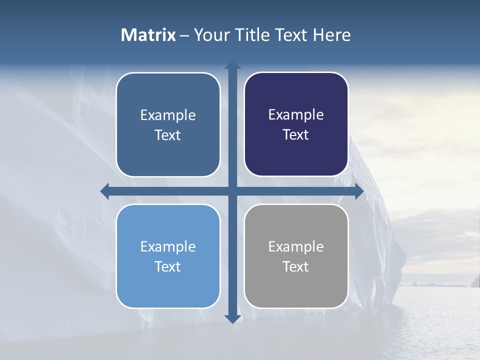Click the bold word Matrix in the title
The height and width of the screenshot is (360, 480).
[148, 35]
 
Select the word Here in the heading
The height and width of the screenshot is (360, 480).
[331, 35]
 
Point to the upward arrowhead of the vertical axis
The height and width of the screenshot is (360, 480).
[232, 65]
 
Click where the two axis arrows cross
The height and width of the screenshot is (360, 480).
[232, 191]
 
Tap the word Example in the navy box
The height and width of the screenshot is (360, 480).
[296, 115]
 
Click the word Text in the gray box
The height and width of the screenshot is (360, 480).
[296, 267]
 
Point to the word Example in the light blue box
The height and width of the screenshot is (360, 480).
[168, 247]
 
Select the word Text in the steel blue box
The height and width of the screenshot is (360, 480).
[168, 135]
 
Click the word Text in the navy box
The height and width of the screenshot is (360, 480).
[296, 135]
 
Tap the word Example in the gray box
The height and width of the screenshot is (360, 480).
[296, 247]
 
